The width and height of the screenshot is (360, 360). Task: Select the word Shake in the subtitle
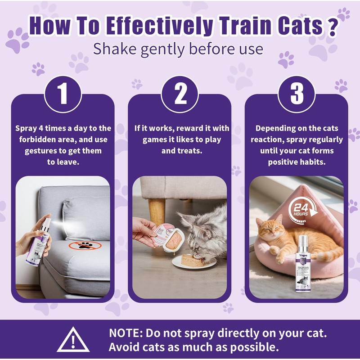point(115,49)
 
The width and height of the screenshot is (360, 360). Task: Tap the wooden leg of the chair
point(157,211)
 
